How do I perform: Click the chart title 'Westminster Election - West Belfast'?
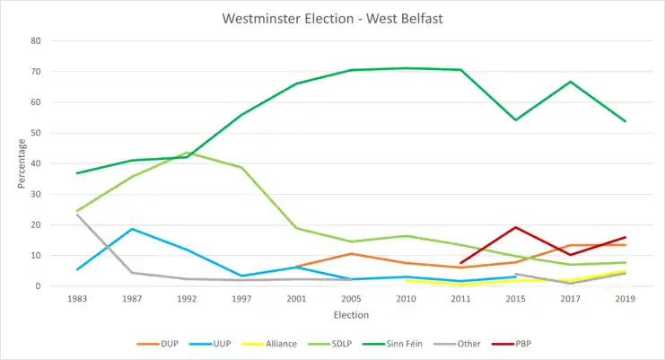tap(333, 17)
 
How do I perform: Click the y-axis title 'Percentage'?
tap(21, 163)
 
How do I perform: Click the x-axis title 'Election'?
tap(351, 315)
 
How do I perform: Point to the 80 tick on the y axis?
tap(37, 41)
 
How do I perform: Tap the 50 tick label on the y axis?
tap(37, 133)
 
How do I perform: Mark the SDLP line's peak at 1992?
tap(186, 153)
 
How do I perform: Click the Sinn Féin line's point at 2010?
tap(406, 68)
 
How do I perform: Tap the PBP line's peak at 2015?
tap(515, 227)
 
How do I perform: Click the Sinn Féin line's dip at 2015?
tap(515, 119)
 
